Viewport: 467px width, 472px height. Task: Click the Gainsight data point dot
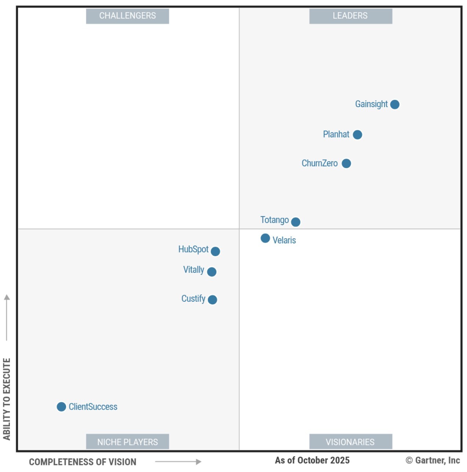395,105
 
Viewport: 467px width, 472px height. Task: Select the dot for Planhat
357,135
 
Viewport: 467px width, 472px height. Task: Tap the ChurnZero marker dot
346,163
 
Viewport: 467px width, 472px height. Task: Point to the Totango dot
296,222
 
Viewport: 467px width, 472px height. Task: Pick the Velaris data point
265,239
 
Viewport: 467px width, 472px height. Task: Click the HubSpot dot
216,251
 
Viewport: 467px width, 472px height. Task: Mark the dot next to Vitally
212,272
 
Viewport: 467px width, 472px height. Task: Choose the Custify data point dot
212,299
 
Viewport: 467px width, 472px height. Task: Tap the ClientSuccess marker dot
61,407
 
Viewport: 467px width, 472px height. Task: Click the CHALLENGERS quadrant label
127,16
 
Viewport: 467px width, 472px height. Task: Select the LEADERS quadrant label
350,16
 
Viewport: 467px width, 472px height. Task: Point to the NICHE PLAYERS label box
127,442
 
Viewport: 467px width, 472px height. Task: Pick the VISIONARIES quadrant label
350,442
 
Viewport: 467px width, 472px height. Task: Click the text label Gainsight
371,104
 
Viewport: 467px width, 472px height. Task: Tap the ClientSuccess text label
93,407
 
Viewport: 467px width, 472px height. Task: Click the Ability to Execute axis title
7,399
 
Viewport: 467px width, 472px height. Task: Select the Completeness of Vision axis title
83,462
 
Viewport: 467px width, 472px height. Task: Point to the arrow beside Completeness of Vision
178,462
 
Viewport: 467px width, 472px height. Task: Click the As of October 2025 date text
312,460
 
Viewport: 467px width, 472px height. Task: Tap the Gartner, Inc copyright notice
432,460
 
